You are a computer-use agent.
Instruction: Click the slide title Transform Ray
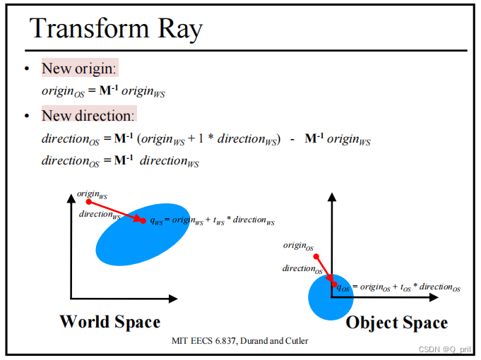(117, 29)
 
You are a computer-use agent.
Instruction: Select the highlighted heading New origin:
(80, 68)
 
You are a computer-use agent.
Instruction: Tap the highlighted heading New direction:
(88, 115)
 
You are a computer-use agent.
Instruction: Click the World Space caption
(109, 322)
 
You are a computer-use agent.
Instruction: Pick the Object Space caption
(396, 323)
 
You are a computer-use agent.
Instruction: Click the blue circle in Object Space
(331, 297)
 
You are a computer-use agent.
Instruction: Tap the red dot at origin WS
(88, 202)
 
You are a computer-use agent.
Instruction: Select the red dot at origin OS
(316, 256)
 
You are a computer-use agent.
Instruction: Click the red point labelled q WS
(143, 220)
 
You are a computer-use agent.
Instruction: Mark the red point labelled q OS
(334, 285)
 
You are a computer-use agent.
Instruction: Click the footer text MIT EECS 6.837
(240, 341)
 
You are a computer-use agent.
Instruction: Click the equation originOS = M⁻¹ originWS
(106, 91)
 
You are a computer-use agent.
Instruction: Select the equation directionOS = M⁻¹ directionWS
(120, 161)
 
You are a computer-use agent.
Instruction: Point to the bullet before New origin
(26, 69)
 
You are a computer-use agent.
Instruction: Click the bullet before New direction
(26, 116)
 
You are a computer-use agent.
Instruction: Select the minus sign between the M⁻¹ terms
(292, 138)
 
